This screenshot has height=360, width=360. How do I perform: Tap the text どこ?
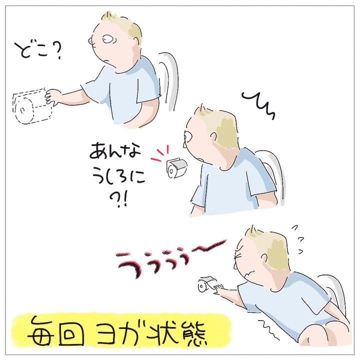click(x=38, y=51)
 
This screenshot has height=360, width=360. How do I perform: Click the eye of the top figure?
click(x=107, y=39)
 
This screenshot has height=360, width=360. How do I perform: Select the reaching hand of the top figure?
click(x=53, y=97)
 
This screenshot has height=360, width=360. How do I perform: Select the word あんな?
click(x=115, y=150)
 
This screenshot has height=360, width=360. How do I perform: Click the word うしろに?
click(x=118, y=178)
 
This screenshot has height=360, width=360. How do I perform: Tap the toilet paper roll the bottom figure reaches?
click(x=205, y=284)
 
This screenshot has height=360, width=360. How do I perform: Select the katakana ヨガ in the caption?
click(x=121, y=331)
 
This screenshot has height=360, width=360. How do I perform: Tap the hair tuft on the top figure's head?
click(x=107, y=16)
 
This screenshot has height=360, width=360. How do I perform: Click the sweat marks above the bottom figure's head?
click(x=298, y=239)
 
